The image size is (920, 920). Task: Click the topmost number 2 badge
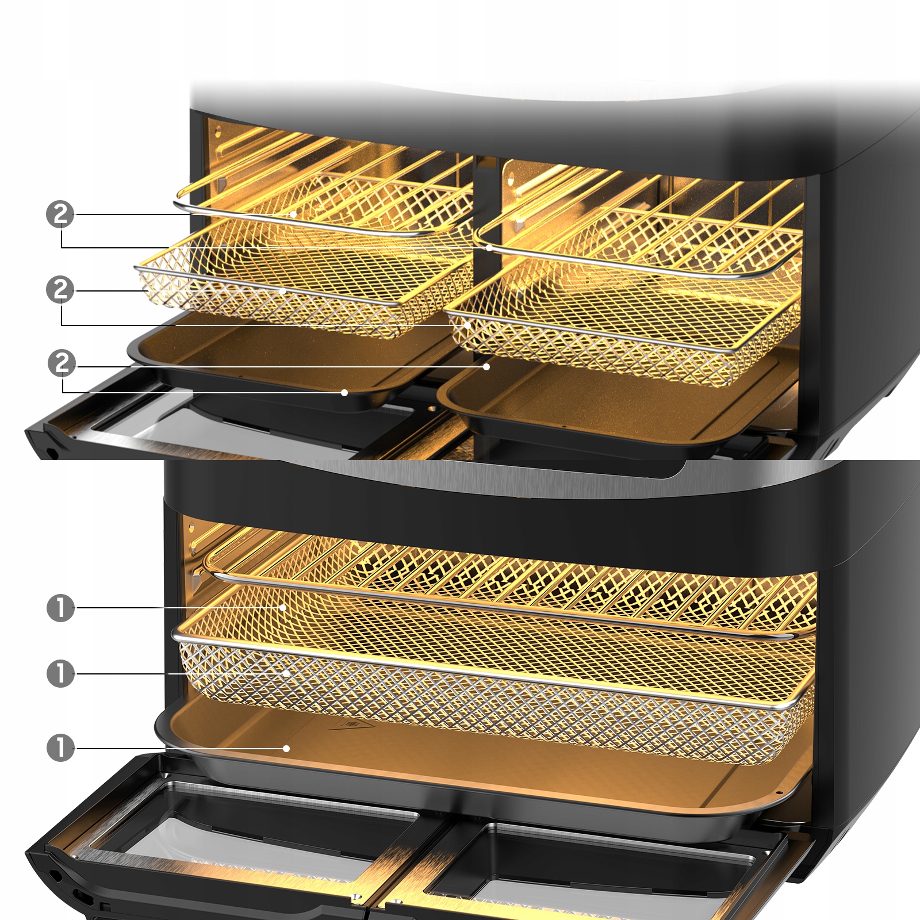pos(60,214)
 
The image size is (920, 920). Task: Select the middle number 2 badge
pos(60,289)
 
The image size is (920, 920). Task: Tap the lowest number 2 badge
pos(62,363)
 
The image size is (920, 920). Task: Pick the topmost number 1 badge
pos(60,608)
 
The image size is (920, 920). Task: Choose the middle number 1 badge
pos(60,673)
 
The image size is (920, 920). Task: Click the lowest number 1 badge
pos(60,748)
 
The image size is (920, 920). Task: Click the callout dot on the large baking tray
pos(286,749)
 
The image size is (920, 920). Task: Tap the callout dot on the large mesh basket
pos(286,673)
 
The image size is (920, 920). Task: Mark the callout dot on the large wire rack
pos(283,608)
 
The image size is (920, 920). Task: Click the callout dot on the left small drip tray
pos(344,393)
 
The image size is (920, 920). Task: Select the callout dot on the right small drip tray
pos(486,366)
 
